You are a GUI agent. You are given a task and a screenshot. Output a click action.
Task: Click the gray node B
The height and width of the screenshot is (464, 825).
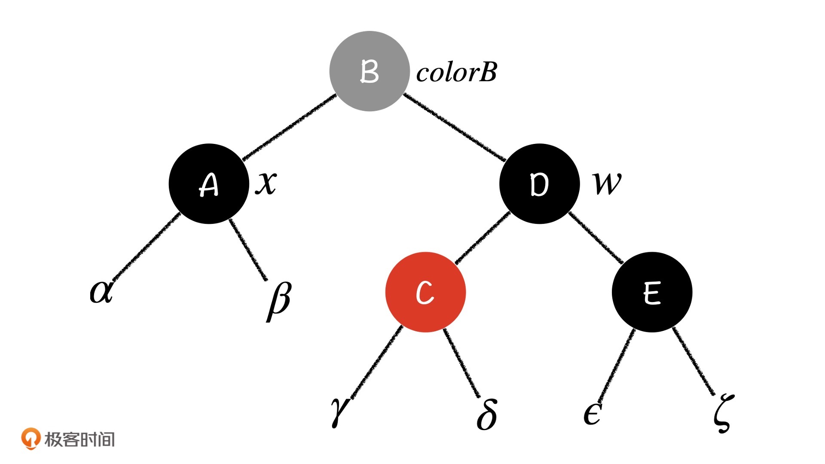[x=369, y=71]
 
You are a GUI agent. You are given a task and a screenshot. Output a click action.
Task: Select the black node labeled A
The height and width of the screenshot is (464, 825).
[x=209, y=184]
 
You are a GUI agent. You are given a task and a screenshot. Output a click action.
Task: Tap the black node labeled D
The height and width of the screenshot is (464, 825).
[x=539, y=184]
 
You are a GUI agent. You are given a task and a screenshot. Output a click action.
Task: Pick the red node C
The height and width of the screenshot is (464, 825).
[x=425, y=292]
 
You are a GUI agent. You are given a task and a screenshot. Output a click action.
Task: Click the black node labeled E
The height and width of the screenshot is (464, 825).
[x=652, y=292]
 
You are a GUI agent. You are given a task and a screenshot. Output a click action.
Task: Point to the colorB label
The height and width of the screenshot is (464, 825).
[x=456, y=72]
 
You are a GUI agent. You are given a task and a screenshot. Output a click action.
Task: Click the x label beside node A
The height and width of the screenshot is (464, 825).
[x=266, y=183]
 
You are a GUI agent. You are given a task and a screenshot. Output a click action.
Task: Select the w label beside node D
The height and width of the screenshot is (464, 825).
[x=607, y=184]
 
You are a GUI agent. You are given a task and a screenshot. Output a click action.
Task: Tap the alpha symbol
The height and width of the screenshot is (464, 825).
[x=101, y=291]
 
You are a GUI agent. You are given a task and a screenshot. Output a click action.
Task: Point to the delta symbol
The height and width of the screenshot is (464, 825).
[x=487, y=414]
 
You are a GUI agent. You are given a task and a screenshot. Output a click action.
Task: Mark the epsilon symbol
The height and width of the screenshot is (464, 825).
[x=592, y=414]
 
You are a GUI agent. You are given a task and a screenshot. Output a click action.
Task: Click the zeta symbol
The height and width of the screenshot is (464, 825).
[x=723, y=414]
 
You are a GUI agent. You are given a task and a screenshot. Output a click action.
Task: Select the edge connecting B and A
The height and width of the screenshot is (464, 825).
[x=289, y=127]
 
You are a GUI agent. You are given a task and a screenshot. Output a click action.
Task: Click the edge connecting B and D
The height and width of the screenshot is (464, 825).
[x=454, y=127]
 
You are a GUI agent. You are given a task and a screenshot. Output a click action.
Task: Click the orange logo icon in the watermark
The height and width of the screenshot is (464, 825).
[x=31, y=439]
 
